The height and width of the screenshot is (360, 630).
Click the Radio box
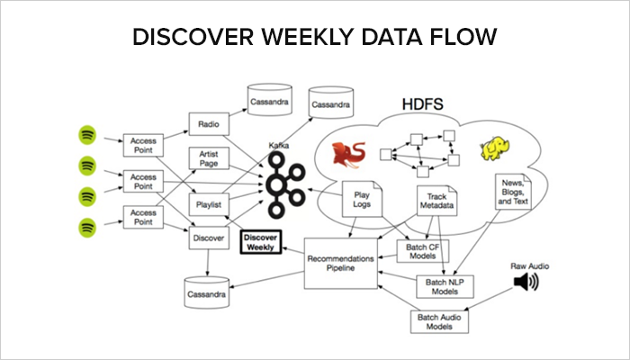209,124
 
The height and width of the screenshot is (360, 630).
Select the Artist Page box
209,158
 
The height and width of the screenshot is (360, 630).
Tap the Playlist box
209,204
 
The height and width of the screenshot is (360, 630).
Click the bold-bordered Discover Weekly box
261,242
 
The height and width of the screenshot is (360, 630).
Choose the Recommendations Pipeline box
341,263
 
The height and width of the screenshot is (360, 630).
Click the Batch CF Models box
423,251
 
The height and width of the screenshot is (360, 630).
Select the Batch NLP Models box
445,286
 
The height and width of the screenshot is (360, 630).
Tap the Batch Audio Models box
439,321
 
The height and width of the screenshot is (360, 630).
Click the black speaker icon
526,282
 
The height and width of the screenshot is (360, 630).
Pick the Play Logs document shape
362,199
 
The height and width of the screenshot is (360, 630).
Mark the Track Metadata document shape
436,201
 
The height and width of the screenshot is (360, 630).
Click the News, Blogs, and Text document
513,192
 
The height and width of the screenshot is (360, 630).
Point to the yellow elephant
495,149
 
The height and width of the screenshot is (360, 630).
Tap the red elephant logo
348,155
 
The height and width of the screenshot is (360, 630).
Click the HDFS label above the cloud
423,104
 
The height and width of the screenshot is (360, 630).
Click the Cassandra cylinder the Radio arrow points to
270,100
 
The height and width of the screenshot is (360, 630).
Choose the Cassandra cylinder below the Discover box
206,292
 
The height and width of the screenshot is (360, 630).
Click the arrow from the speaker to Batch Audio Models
489,299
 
